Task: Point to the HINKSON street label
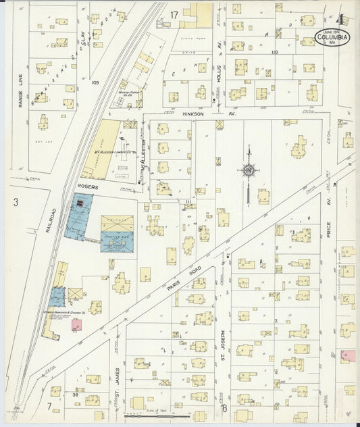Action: click(184, 114)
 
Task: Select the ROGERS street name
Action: click(88, 186)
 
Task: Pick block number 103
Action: click(95, 82)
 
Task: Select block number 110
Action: click(274, 51)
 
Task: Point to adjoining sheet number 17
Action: click(174, 14)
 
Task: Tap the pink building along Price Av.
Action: click(348, 355)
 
